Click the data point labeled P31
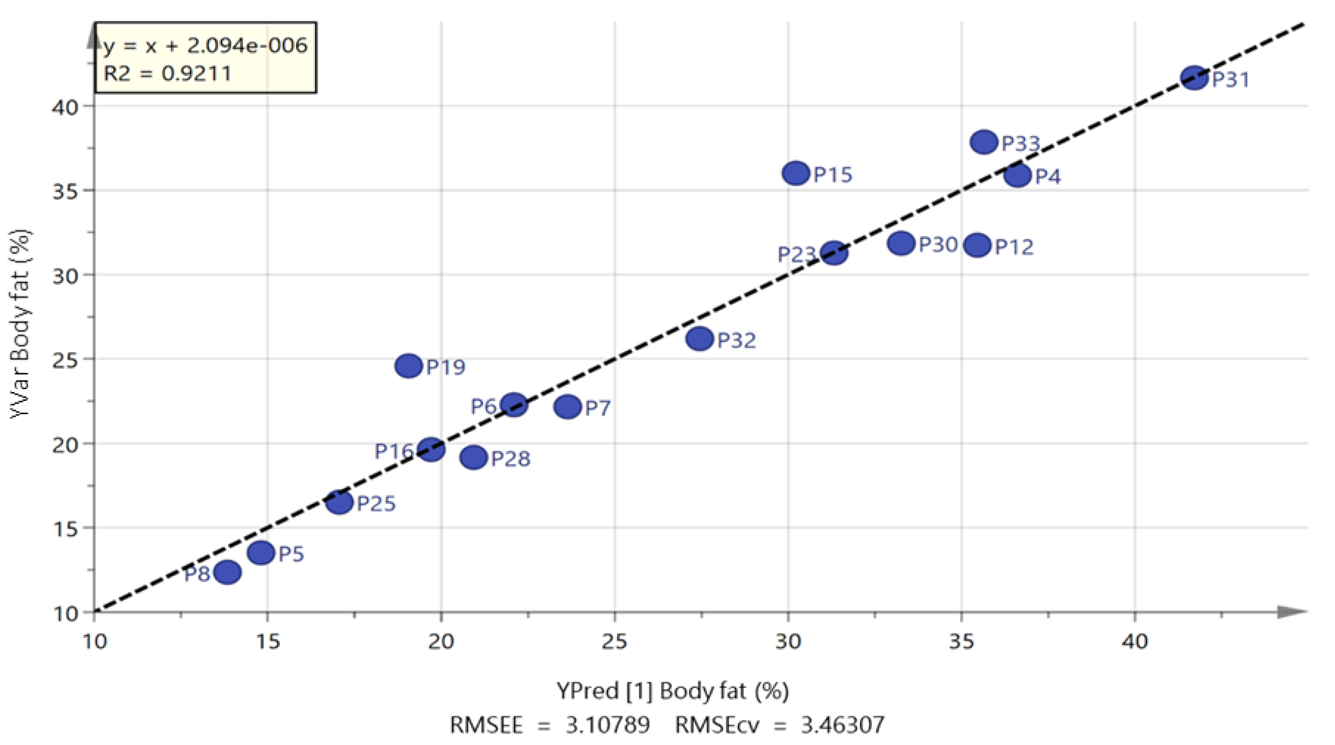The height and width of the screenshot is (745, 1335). (x=1194, y=78)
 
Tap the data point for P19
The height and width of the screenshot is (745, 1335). (x=409, y=366)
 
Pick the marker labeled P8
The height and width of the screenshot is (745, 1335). (x=227, y=572)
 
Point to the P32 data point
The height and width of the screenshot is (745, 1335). (x=700, y=339)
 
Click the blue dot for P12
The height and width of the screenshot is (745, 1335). (x=977, y=245)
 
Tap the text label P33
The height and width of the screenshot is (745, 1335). (x=1020, y=143)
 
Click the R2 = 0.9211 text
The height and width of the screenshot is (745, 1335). (x=167, y=74)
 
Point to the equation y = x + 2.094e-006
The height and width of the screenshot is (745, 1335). (x=206, y=46)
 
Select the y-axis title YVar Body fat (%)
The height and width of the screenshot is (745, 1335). (x=21, y=324)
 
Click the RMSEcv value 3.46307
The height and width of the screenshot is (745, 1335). (x=843, y=725)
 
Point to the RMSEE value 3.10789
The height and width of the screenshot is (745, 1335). (x=607, y=725)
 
